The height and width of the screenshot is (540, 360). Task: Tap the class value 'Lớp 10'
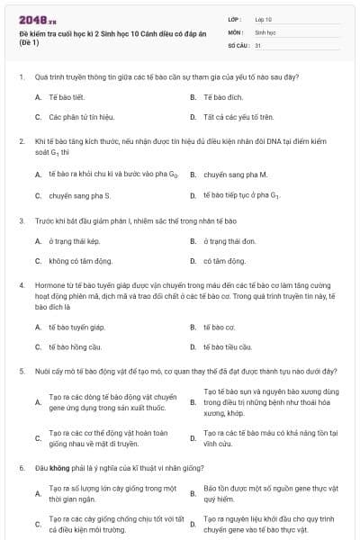pos(264,19)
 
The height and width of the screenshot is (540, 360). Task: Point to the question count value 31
pos(258,44)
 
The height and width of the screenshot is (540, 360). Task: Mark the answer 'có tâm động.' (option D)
pos(224,261)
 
